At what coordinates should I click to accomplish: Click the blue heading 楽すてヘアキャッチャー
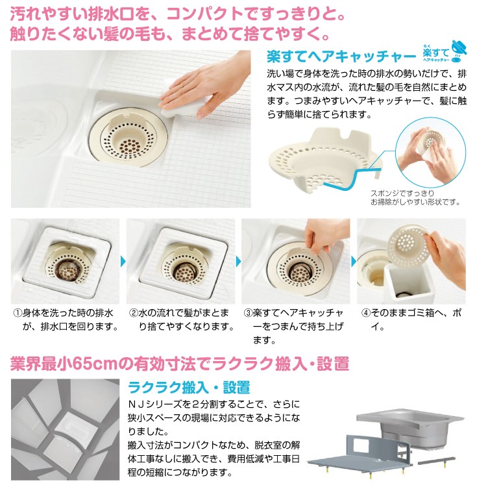(x=341, y=56)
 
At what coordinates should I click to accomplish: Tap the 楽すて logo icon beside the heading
(x=445, y=51)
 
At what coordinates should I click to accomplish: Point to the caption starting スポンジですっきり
(x=415, y=198)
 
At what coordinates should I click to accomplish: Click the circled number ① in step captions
(x=18, y=313)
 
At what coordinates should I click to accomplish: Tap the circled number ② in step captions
(x=134, y=313)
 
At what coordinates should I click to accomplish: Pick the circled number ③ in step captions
(x=249, y=313)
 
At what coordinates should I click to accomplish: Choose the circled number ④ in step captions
(x=366, y=313)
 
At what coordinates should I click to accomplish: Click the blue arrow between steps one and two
(x=123, y=261)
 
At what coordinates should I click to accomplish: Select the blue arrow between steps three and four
(x=354, y=261)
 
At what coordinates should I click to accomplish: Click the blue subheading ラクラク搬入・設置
(x=189, y=387)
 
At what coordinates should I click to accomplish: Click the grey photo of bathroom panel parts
(x=65, y=429)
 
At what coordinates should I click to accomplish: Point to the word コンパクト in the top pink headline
(x=206, y=14)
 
